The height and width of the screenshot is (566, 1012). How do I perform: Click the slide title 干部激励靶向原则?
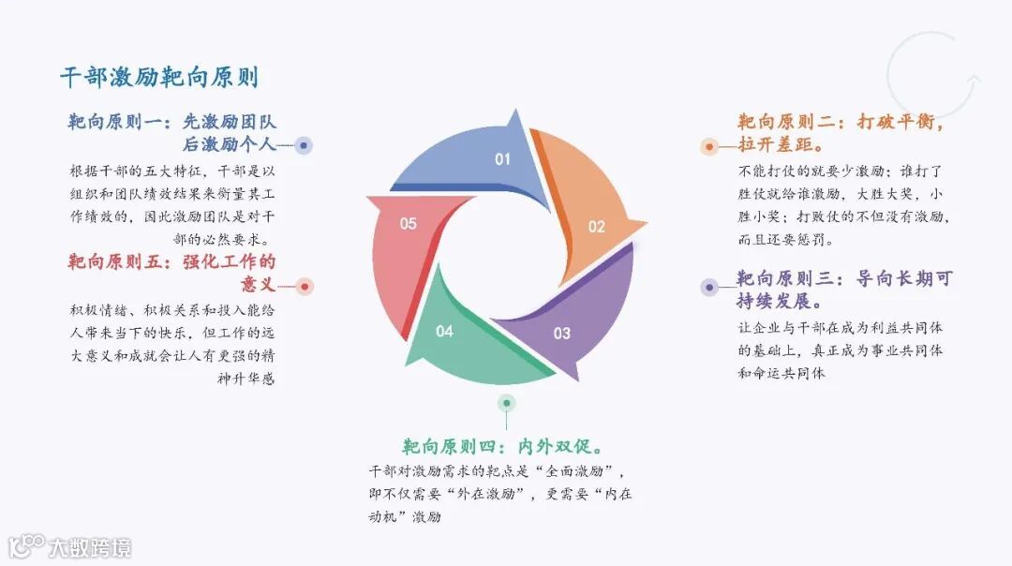tap(159, 78)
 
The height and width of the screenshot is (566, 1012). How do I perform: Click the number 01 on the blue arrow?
tap(503, 159)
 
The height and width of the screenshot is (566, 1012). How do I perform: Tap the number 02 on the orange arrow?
tap(597, 227)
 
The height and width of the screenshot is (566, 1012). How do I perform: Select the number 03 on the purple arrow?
tap(561, 333)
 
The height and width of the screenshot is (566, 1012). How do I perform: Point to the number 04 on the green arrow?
tap(444, 331)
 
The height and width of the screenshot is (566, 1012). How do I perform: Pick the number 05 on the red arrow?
tap(408, 224)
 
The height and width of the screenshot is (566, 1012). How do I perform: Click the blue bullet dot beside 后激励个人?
tap(304, 146)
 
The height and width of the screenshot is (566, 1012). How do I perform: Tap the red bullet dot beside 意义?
tap(305, 286)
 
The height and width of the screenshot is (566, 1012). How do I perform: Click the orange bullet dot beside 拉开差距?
tap(709, 147)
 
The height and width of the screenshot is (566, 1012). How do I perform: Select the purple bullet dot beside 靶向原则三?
tap(709, 287)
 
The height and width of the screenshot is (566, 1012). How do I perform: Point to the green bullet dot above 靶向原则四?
tap(506, 403)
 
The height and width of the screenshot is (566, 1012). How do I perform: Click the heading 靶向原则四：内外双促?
tap(502, 445)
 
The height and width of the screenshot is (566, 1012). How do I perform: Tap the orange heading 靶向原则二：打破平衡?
tap(840, 123)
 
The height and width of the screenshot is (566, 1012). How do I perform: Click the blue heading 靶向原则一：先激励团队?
tap(172, 122)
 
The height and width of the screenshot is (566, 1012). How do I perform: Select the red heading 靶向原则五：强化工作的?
tap(172, 262)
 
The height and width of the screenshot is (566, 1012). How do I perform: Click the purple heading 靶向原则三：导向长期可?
tap(844, 279)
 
